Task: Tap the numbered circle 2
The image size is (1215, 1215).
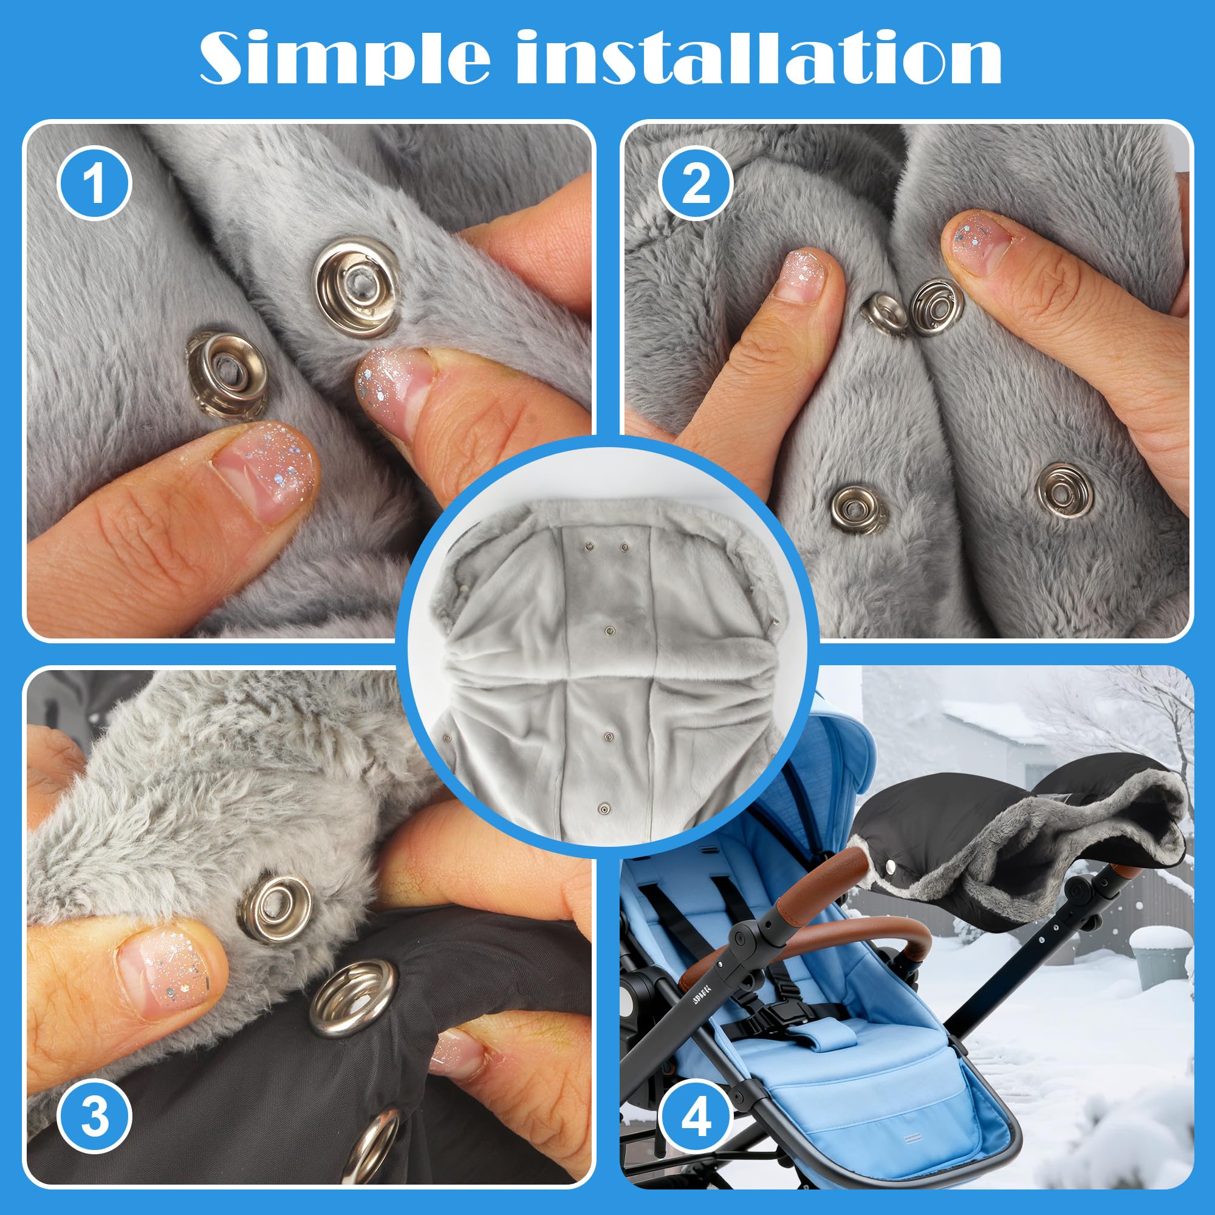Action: pos(696,185)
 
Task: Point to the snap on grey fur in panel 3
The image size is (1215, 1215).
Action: pos(275,910)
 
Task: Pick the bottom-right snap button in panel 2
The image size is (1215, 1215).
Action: pos(1064,489)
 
